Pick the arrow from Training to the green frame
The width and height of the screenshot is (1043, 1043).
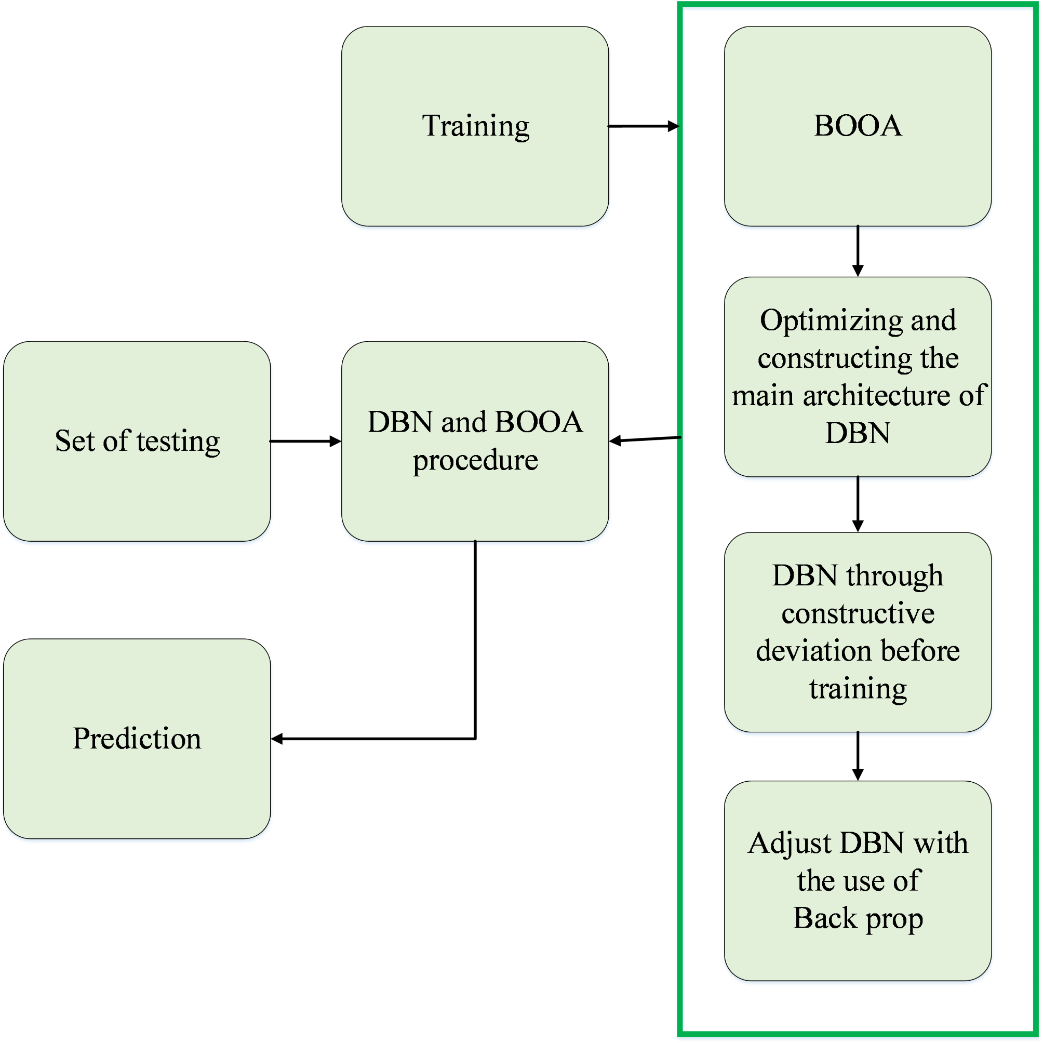point(643,126)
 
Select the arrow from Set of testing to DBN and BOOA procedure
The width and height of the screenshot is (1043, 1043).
point(305,441)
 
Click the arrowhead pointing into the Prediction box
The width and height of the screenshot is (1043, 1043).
point(277,739)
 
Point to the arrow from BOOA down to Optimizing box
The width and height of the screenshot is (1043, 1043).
point(857,251)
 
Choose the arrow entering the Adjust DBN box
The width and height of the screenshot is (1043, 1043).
point(857,756)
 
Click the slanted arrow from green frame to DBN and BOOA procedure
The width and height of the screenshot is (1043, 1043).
point(645,439)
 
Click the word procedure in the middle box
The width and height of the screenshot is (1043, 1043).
point(475,461)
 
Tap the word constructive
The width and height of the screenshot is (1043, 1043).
point(857,613)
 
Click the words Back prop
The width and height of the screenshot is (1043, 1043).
point(857,918)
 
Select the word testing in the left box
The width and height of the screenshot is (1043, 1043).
point(178,441)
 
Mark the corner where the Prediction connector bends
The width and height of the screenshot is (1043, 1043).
point(475,739)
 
